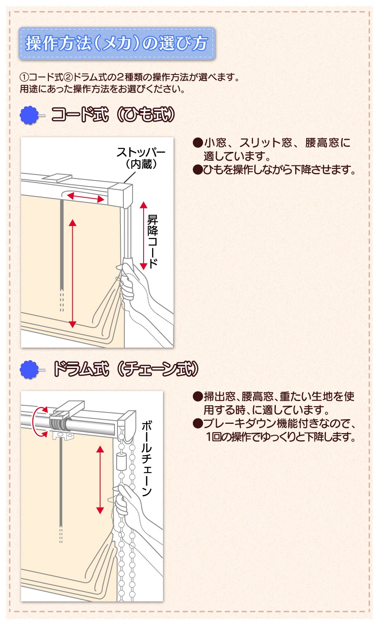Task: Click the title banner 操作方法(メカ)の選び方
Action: pyautogui.click(x=117, y=43)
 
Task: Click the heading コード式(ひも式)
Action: pyautogui.click(x=113, y=114)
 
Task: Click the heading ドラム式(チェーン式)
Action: pyautogui.click(x=125, y=369)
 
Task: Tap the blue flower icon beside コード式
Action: pyautogui.click(x=29, y=115)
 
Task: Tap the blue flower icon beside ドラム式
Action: pyautogui.click(x=29, y=370)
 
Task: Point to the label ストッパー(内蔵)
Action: pyautogui.click(x=141, y=158)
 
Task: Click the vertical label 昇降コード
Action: pyautogui.click(x=153, y=241)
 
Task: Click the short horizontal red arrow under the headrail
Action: pyautogui.click(x=85, y=197)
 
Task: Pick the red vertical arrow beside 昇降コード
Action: pyautogui.click(x=144, y=236)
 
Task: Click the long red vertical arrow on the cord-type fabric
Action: pyautogui.click(x=72, y=274)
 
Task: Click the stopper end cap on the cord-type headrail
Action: pyautogui.click(x=120, y=194)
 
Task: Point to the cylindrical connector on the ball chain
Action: pyautogui.click(x=121, y=462)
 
